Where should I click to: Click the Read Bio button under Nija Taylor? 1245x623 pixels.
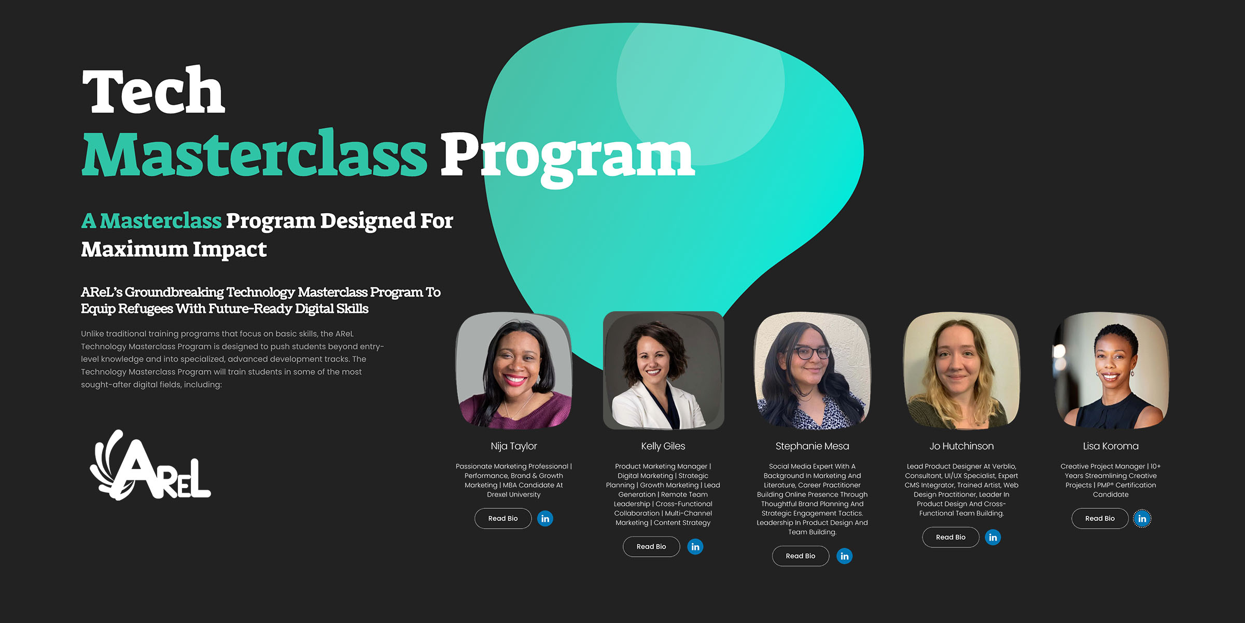pos(503,518)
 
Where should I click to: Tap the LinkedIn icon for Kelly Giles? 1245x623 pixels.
pos(695,546)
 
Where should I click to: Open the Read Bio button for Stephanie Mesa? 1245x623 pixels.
pos(801,556)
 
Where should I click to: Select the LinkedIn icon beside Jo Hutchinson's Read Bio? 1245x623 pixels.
pos(993,537)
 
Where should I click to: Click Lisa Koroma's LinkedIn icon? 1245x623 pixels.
pos(1142,518)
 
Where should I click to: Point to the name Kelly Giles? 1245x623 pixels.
pos(663,446)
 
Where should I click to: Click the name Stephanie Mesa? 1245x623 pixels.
pos(813,446)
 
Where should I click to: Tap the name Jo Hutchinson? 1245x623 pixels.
pos(961,446)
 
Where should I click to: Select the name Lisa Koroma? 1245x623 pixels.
pos(1111,446)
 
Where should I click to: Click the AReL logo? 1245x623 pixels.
pos(150,465)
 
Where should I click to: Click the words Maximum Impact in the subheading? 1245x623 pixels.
pos(174,249)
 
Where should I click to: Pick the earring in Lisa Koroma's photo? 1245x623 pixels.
pos(1132,373)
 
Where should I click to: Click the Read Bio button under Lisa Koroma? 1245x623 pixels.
pos(1100,518)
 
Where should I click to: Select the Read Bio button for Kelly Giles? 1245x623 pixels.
pos(651,546)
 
